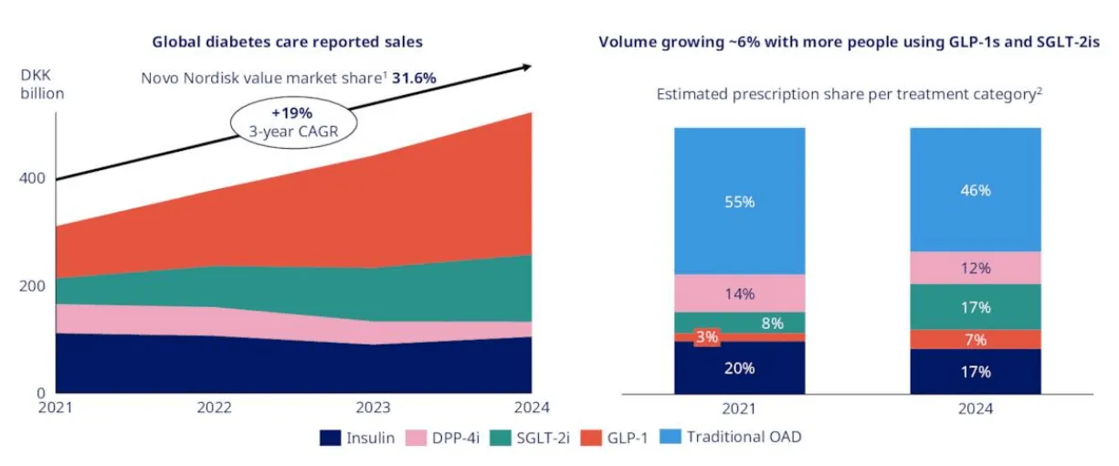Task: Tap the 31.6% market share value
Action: (x=414, y=78)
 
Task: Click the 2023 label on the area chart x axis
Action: (x=374, y=408)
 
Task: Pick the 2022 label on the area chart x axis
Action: (x=215, y=408)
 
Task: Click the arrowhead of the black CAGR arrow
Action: (x=526, y=66)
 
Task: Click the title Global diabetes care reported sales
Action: (x=287, y=42)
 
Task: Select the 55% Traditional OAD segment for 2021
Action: (x=740, y=202)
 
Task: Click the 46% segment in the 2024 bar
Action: (x=976, y=191)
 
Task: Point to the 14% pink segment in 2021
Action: (x=740, y=293)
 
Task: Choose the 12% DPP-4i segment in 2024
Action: (x=976, y=269)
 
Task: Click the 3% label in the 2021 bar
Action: (x=707, y=336)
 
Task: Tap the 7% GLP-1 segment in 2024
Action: (x=976, y=340)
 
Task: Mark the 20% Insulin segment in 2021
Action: (x=740, y=368)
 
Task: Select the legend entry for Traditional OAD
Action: (x=731, y=438)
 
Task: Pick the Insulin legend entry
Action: (x=357, y=438)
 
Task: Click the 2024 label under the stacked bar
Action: (x=976, y=409)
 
